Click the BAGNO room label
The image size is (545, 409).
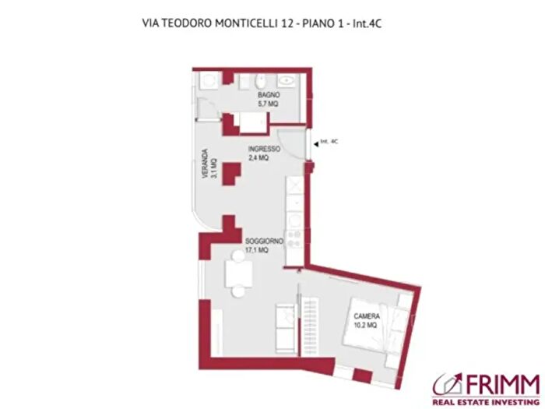[x=269, y=95]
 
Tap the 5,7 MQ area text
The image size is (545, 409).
[x=269, y=104]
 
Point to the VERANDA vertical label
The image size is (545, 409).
[x=205, y=164]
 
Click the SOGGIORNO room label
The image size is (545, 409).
[x=263, y=242]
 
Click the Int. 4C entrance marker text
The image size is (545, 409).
[x=329, y=142]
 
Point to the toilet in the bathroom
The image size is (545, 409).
[x=262, y=82]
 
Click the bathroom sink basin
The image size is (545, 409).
[x=287, y=80]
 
